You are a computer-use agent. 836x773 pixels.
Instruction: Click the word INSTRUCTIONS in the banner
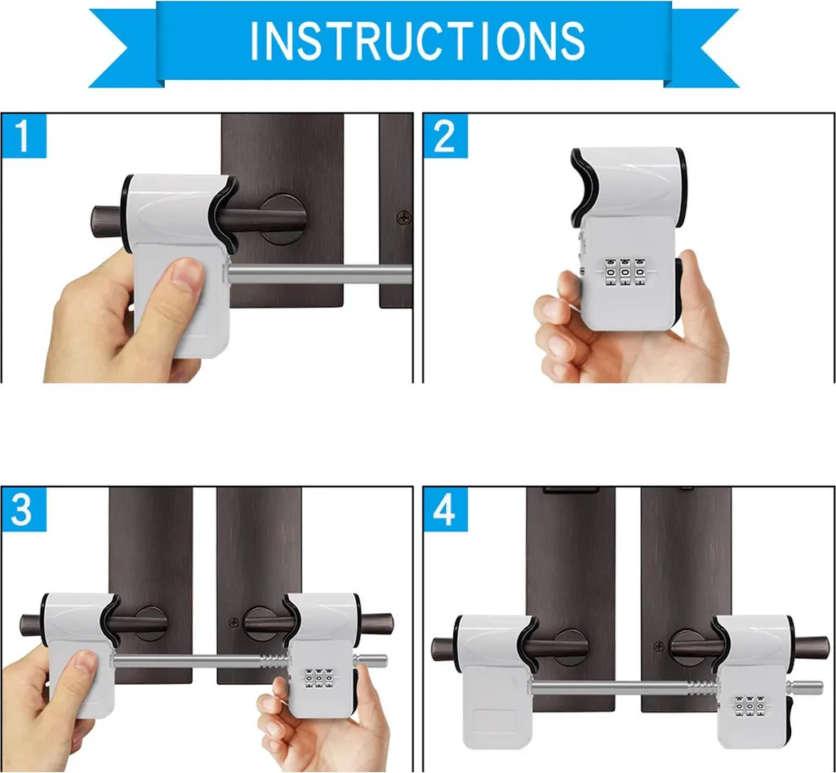click(417, 40)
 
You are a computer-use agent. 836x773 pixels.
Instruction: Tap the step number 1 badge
click(24, 136)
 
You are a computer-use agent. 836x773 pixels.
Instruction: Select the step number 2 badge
click(445, 136)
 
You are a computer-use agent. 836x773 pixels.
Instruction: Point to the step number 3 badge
click(24, 509)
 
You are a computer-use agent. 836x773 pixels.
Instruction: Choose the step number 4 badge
click(445, 509)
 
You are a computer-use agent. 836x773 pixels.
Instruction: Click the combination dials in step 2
click(625, 272)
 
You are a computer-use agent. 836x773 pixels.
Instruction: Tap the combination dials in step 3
click(319, 677)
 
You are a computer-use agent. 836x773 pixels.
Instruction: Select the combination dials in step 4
click(750, 706)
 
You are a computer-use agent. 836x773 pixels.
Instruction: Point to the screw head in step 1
click(404, 217)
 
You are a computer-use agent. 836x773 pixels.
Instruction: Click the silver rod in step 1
click(320, 274)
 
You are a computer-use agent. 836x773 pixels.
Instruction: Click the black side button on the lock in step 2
click(678, 291)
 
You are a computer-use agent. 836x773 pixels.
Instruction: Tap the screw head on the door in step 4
click(659, 646)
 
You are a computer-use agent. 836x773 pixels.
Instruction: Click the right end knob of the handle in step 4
click(812, 648)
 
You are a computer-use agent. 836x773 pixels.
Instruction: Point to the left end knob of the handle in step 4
click(443, 649)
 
